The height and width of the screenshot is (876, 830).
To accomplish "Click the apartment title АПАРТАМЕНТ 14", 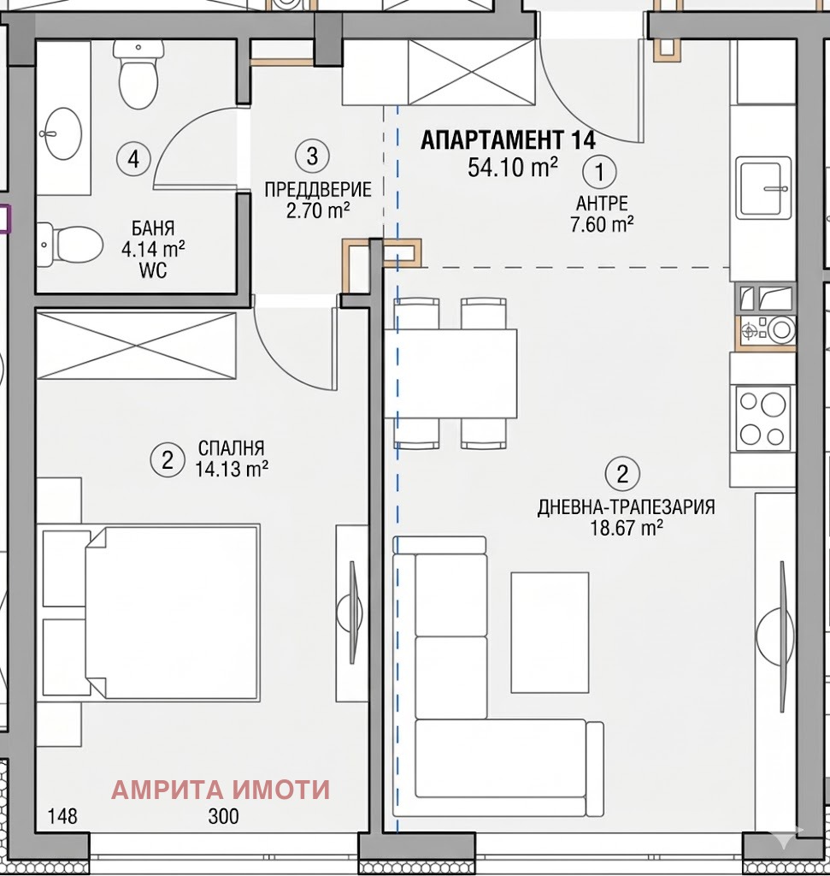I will coord(507,139).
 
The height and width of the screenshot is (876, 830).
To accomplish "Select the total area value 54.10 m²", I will coord(513,167).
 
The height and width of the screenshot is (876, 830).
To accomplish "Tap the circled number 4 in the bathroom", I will coord(132,158).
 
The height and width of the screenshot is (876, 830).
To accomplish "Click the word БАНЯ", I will coord(153,228).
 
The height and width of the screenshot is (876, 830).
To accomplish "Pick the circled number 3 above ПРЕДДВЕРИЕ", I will coord(311,156).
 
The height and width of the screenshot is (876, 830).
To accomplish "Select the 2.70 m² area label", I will coord(317,210).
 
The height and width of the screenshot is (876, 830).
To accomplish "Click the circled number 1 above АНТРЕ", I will coord(599,172).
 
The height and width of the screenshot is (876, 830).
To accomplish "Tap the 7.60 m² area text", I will coord(603,225).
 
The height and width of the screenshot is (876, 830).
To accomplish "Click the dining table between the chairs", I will coord(450,373).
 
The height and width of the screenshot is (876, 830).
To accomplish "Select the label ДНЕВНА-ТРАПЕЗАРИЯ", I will coord(626,507).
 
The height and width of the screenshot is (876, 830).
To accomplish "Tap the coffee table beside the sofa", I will coord(550,631).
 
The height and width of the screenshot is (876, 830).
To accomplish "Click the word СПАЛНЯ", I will coord(231,448).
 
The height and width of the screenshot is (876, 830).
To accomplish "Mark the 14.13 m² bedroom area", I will coord(232,468).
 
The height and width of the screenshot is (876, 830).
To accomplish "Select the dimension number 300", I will coord(223,817).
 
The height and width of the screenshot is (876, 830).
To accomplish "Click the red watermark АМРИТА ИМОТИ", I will coord(220,790).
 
